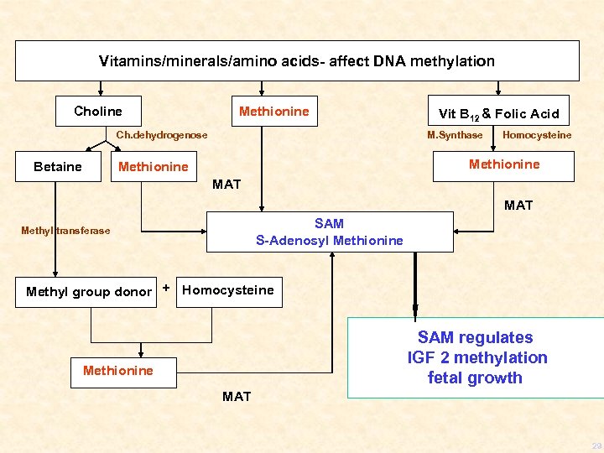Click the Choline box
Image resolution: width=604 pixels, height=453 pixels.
(97, 112)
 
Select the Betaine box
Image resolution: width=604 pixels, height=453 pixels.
(58, 167)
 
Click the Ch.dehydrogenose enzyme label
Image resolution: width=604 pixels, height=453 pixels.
(161, 135)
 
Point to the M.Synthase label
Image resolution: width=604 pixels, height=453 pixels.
(455, 135)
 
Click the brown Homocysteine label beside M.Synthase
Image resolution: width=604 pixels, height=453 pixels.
(536, 135)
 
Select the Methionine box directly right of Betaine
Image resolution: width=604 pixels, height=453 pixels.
(154, 167)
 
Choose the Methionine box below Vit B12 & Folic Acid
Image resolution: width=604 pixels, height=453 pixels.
(503, 164)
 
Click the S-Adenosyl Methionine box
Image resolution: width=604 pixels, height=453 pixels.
(329, 232)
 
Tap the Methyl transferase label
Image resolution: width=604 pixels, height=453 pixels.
(65, 231)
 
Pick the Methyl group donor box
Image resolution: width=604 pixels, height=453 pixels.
(88, 292)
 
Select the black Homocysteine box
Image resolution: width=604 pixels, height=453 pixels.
(228, 290)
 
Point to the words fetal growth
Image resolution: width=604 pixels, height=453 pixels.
(475, 377)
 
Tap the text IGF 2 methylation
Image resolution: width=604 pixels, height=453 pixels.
(476, 357)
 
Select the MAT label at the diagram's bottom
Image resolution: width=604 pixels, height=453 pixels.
(237, 396)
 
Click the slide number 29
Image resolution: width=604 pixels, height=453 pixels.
(595, 445)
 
